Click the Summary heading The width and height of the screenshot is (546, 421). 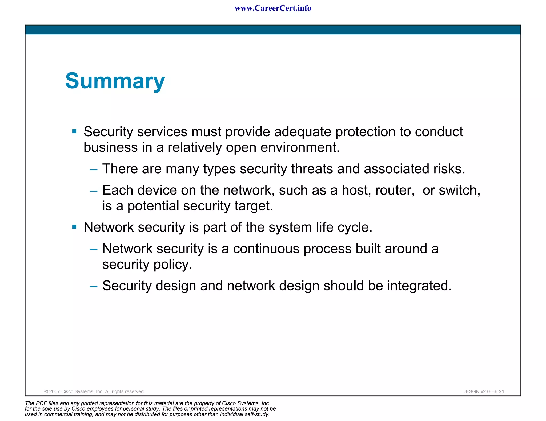(115, 81)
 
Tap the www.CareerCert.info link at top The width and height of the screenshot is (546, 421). (273, 8)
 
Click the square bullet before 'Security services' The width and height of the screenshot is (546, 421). (74, 131)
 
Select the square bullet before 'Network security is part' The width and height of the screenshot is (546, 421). (74, 227)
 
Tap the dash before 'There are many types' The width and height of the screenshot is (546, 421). (94, 170)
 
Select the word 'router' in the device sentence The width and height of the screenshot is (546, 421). (394, 190)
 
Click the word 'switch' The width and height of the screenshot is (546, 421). (459, 190)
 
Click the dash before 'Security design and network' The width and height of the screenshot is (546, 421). (94, 287)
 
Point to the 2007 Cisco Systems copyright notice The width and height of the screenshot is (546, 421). (94, 391)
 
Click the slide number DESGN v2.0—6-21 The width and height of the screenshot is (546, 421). (483, 391)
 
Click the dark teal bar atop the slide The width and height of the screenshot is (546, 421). (273, 30)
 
